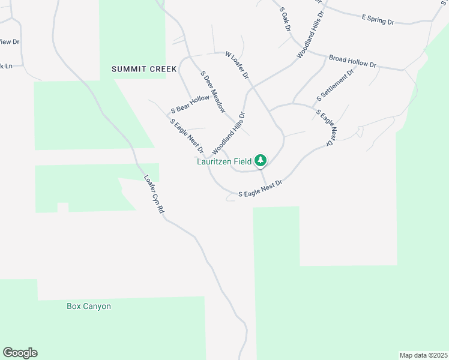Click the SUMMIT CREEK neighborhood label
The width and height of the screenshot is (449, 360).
click(144, 69)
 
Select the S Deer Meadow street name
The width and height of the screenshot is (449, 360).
click(213, 93)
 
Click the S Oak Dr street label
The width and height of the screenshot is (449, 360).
click(285, 20)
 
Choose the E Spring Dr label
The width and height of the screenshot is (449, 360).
click(378, 20)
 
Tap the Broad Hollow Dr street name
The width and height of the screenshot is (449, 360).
click(352, 61)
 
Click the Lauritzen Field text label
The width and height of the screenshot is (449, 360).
click(224, 161)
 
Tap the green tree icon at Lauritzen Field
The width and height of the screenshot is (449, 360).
click(261, 160)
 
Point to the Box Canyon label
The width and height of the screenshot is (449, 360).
click(89, 306)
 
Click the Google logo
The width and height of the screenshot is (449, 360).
click(20, 353)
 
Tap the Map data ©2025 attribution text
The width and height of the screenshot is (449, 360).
click(423, 355)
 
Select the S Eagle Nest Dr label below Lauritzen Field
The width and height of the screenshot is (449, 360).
click(260, 190)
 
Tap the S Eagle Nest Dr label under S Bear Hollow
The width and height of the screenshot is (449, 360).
click(187, 136)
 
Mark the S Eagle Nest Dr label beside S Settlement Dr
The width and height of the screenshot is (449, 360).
click(326, 127)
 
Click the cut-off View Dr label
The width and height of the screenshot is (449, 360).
click(9, 42)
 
